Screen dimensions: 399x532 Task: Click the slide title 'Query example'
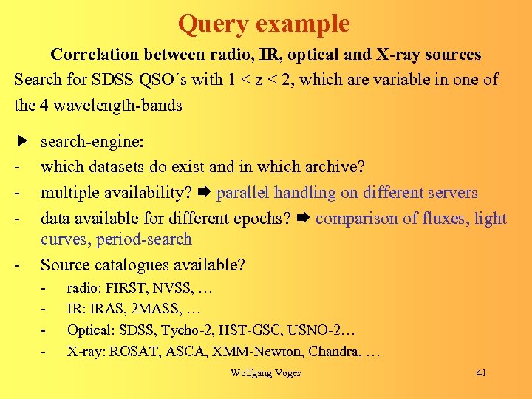264,24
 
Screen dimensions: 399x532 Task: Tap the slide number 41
481,373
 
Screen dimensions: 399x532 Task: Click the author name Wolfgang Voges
265,373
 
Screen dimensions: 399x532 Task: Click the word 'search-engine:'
92,141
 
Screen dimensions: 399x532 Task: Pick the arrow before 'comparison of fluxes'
304,219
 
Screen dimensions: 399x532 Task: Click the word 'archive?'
333,167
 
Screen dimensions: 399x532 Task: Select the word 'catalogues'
128,265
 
